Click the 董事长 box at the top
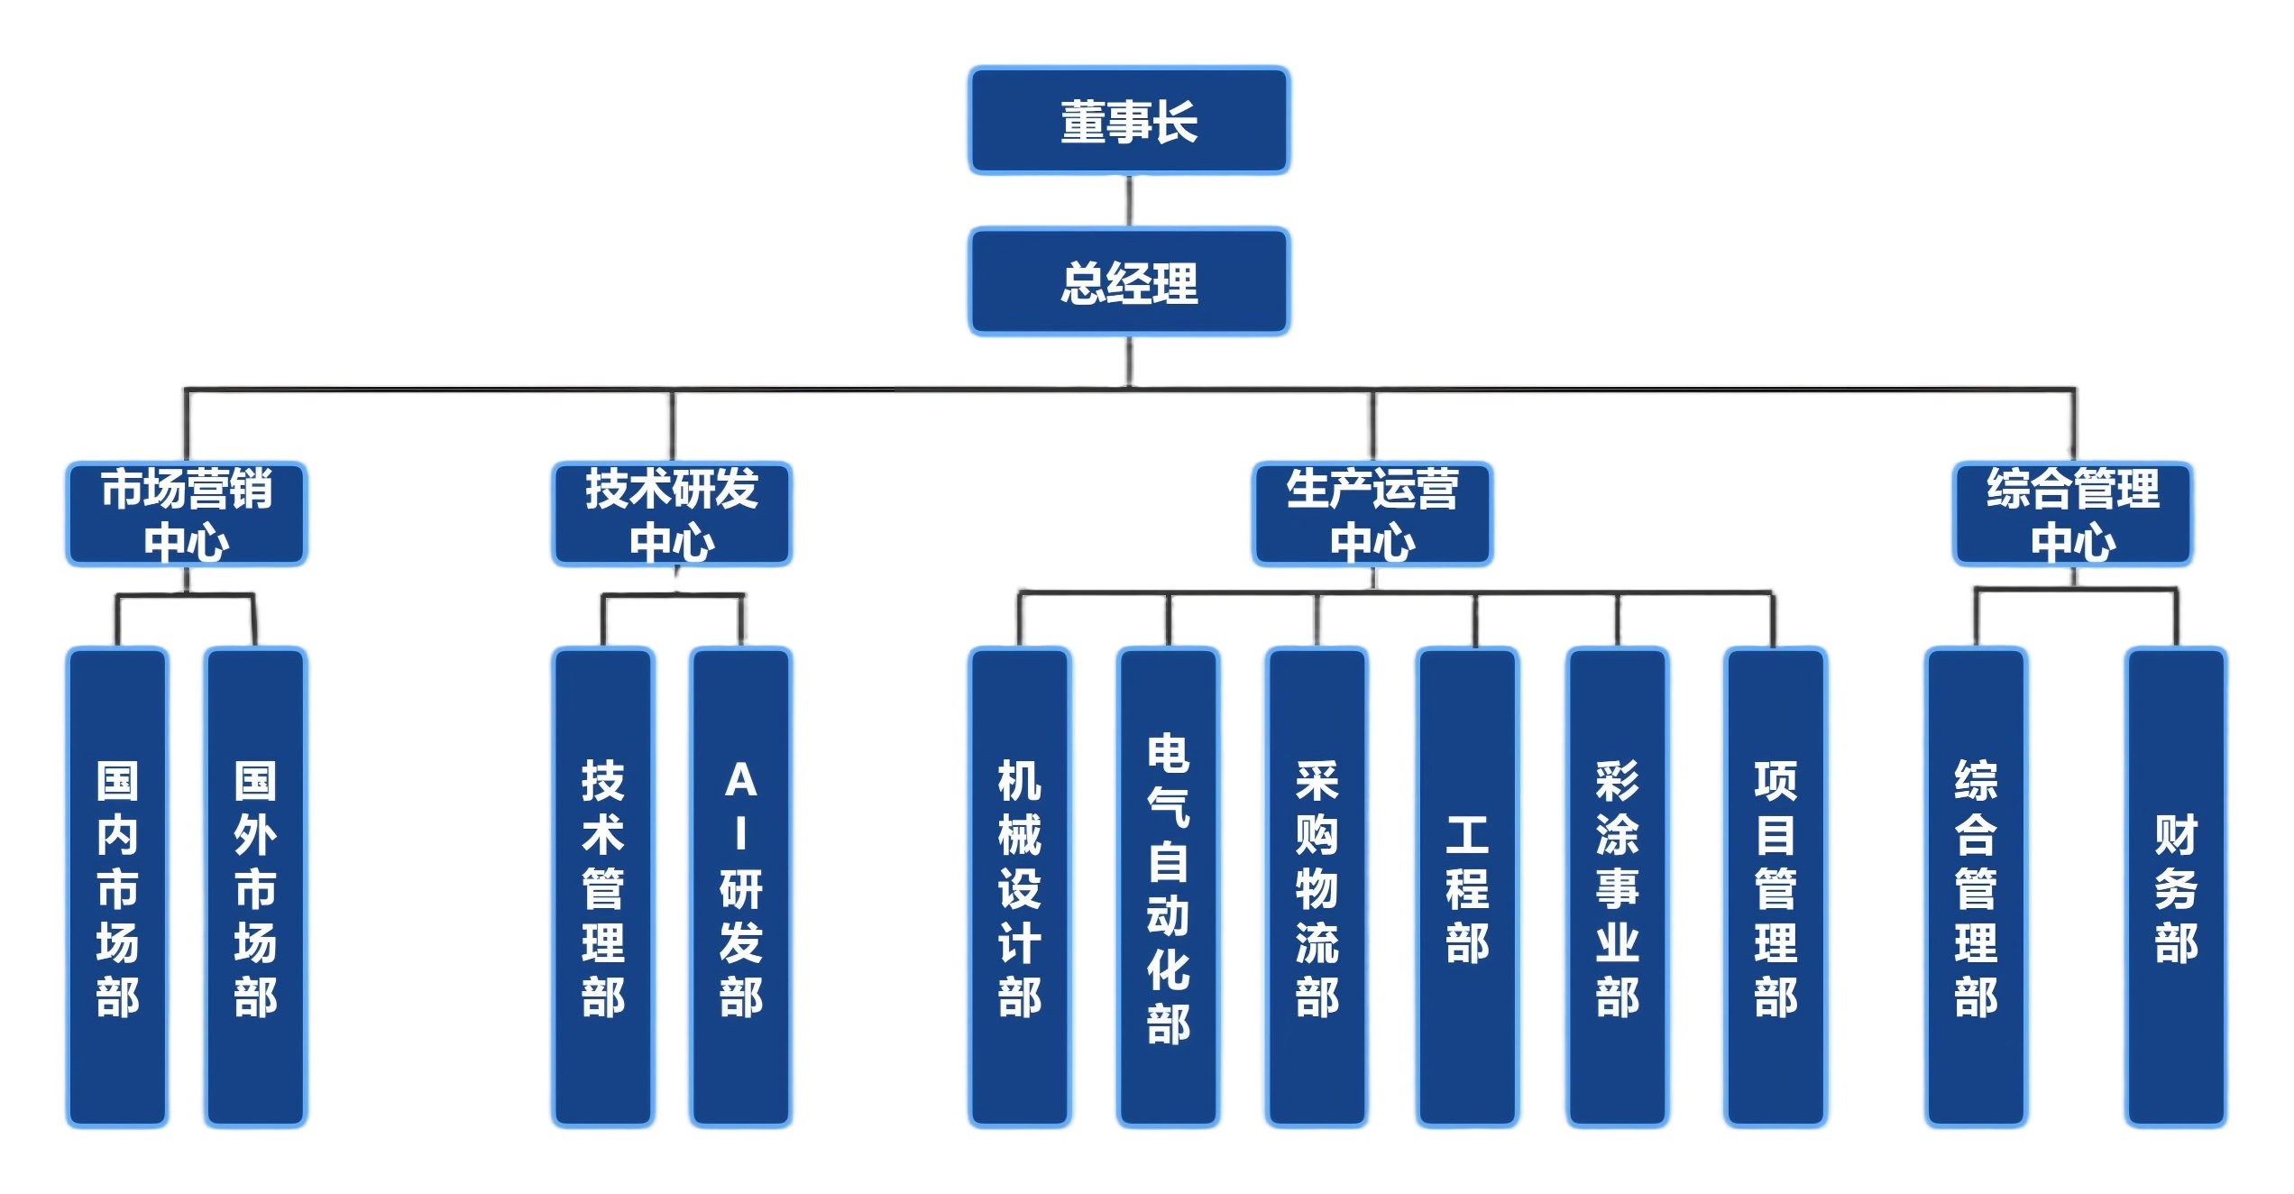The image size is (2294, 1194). [x=1129, y=120]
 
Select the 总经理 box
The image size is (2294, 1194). [x=1129, y=281]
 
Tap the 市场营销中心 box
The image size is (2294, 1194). [x=187, y=514]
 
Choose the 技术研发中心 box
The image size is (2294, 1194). [x=672, y=514]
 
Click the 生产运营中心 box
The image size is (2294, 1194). [x=1372, y=514]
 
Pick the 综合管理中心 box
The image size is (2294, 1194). [x=2072, y=514]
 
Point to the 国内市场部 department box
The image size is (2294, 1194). [x=117, y=888]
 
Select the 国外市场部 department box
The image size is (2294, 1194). [x=255, y=888]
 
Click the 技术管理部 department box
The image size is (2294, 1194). [x=602, y=888]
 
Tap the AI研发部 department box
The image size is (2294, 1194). [x=740, y=888]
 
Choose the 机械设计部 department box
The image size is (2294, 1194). [x=1020, y=888]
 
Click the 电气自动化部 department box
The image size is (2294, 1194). [x=1169, y=888]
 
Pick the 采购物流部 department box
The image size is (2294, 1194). [x=1317, y=888]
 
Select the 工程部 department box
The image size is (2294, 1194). [x=1467, y=888]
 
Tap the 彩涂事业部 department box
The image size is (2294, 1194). [x=1617, y=888]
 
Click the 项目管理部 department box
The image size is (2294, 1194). [x=1776, y=888]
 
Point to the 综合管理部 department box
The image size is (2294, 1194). [x=1976, y=888]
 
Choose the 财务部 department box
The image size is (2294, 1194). [x=2175, y=888]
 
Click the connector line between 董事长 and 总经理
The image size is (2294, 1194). [x=1129, y=200]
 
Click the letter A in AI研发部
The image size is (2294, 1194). [x=740, y=781]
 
